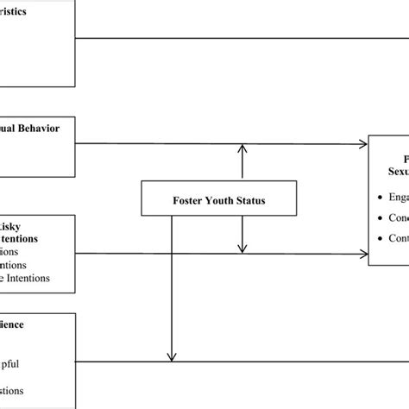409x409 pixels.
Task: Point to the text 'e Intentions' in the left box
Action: click(25, 254)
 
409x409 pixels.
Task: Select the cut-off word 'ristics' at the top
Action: click(20, 13)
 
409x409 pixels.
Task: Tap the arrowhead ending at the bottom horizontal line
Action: click(172, 357)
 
